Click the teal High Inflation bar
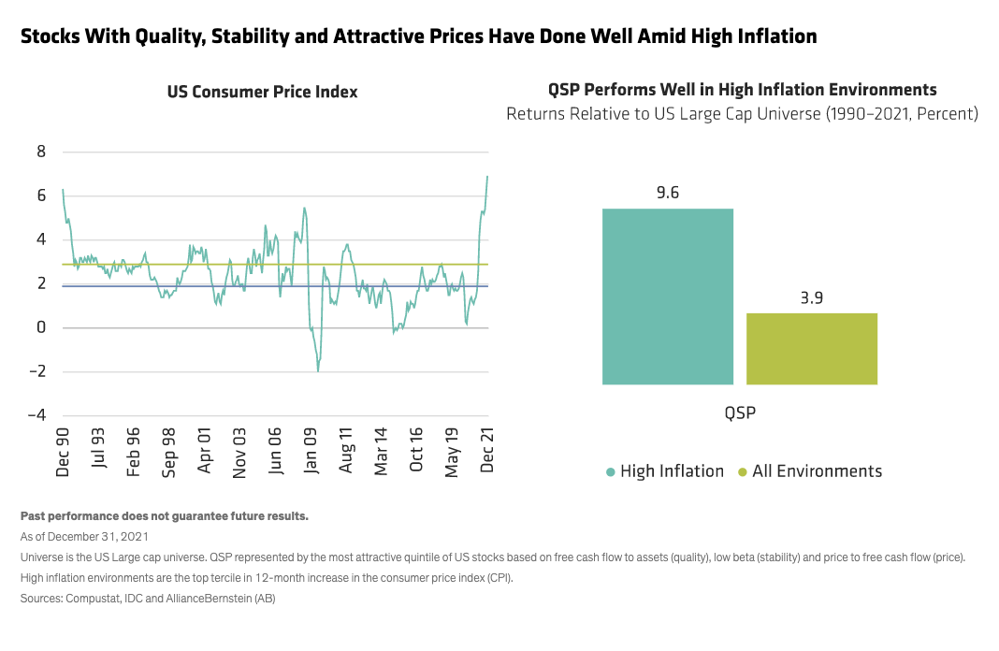667,296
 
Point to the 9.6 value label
667,194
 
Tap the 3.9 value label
811,298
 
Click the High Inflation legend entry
664,471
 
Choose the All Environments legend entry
810,471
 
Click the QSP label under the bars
739,412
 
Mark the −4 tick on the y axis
37,415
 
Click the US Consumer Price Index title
262,92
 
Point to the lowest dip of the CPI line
318,371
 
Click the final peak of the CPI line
487,176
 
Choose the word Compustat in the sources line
96,598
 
